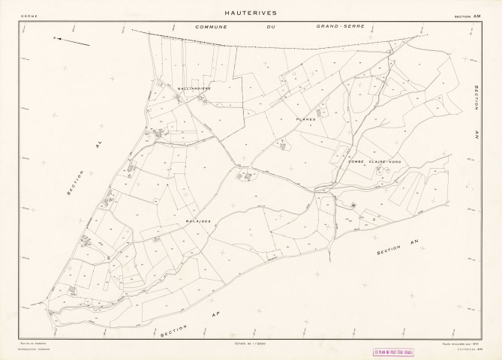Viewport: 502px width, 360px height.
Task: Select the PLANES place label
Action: [x=305, y=118]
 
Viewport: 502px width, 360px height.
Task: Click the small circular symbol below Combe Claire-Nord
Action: [x=353, y=204]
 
